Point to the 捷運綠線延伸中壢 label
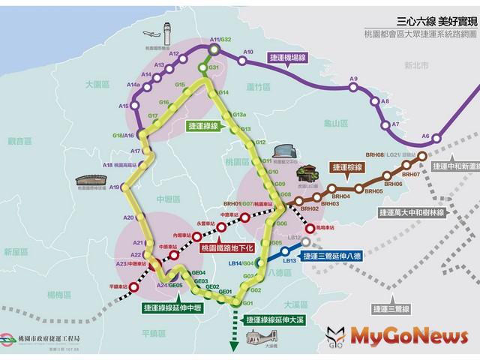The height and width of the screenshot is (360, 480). (x=174, y=307)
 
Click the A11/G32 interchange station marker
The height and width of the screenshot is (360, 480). (x=214, y=50)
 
